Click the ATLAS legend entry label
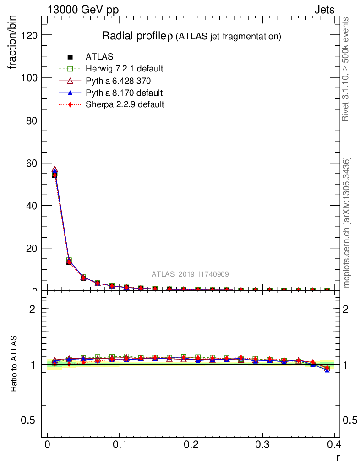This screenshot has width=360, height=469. tap(99, 57)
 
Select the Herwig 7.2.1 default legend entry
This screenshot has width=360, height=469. tap(124, 69)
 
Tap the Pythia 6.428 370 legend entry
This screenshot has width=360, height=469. tap(118, 81)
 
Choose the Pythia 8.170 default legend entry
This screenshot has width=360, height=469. tap(124, 93)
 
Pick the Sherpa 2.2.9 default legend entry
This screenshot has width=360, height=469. tap(125, 104)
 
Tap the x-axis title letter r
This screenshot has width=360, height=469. tap(338, 457)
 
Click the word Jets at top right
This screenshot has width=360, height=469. tap(324, 10)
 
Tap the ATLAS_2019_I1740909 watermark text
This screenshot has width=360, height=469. tap(191, 274)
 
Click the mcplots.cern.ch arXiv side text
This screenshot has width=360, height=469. tap(347, 223)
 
